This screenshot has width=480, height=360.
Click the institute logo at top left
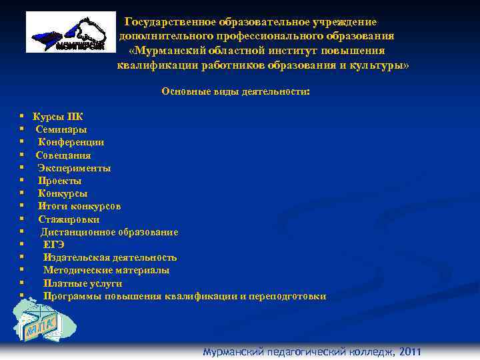66,33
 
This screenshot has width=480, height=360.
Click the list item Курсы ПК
58,117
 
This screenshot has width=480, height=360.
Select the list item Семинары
61,130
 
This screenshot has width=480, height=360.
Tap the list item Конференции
71,143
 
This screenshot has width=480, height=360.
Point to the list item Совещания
63,155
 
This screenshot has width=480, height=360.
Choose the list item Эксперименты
74,168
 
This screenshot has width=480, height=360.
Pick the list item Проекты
60,181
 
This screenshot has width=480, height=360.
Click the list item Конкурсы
63,193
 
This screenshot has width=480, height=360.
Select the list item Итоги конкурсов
79,206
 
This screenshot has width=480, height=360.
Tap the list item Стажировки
69,219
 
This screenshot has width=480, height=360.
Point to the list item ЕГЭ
54,245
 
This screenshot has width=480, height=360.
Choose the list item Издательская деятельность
110,257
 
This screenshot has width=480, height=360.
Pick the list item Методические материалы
106,270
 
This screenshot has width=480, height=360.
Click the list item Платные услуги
83,283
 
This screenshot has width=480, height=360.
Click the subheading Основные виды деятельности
235,92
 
